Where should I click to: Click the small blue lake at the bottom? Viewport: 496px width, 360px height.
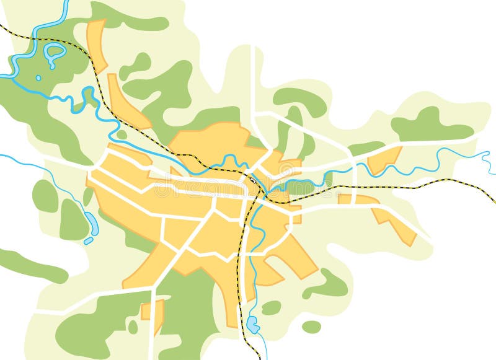[x=252, y=323]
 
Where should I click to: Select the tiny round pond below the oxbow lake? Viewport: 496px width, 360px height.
[x=38, y=78]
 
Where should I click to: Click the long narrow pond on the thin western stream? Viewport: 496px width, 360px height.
[x=92, y=220]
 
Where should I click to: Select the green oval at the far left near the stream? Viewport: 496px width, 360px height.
[x=45, y=196]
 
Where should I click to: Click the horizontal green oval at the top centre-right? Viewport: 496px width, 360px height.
[x=300, y=100]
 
